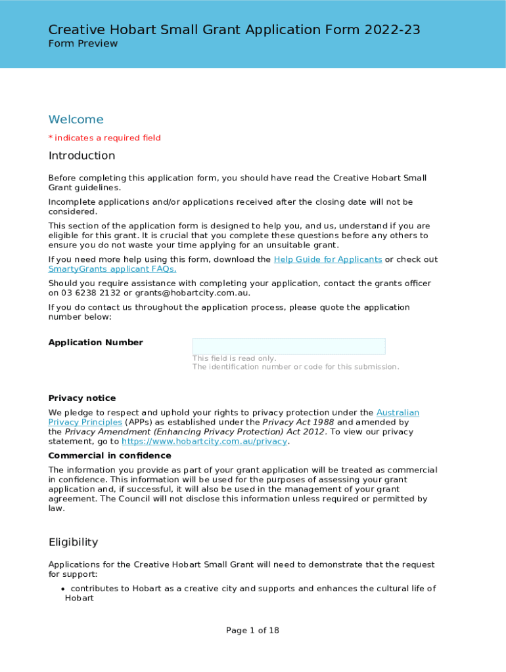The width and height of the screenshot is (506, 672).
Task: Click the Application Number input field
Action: (x=288, y=346)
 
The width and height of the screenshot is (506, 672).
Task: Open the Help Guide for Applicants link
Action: (x=327, y=259)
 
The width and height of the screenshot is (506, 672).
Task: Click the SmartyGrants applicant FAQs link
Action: (x=112, y=269)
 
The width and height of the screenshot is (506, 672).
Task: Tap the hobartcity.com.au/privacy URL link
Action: (x=204, y=442)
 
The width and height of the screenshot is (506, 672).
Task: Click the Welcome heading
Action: (x=76, y=119)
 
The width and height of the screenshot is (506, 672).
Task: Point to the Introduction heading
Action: (x=81, y=156)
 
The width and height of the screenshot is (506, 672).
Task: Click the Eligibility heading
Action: (x=73, y=542)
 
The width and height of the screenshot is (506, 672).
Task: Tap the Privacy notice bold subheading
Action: (x=82, y=398)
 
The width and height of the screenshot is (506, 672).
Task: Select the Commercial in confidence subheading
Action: (x=110, y=455)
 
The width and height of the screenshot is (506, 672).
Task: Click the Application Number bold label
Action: (x=95, y=343)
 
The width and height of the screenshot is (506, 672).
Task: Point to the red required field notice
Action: (x=104, y=138)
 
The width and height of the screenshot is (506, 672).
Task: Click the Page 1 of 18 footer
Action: (x=252, y=631)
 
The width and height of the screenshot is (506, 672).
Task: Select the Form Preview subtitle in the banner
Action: (x=83, y=44)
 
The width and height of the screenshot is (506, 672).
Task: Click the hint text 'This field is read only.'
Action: (x=234, y=358)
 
